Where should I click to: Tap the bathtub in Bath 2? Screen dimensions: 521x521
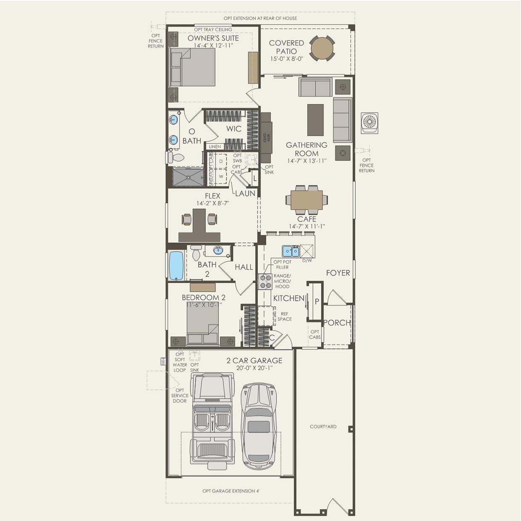pyautogui.click(x=176, y=266)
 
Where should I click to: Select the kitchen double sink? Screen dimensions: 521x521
pyautogui.click(x=290, y=251)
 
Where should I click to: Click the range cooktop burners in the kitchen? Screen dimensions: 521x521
pyautogui.click(x=265, y=282)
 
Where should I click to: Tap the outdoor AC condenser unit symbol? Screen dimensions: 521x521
pyautogui.click(x=369, y=123)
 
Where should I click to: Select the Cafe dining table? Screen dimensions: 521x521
pyautogui.click(x=307, y=200)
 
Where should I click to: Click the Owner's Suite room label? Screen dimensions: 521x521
pyautogui.click(x=213, y=38)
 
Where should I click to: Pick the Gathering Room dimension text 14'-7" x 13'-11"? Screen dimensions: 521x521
pyautogui.click(x=307, y=161)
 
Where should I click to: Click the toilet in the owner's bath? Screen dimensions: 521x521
pyautogui.click(x=176, y=158)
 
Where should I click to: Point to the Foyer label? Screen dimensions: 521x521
pyautogui.click(x=338, y=273)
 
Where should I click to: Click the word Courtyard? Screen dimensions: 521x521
pyautogui.click(x=323, y=426)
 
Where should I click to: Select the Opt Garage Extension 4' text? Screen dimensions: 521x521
pyautogui.click(x=231, y=491)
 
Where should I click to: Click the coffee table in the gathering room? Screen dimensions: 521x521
pyautogui.click(x=316, y=120)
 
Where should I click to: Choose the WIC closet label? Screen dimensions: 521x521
pyautogui.click(x=234, y=129)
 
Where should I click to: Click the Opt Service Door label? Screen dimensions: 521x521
pyautogui.click(x=179, y=395)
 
